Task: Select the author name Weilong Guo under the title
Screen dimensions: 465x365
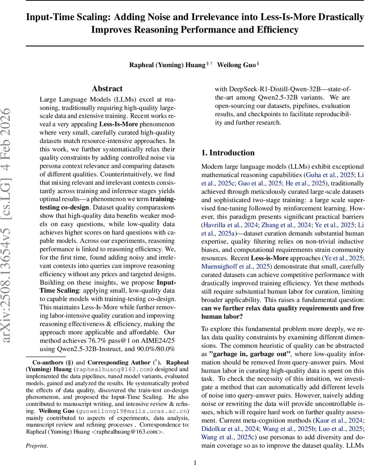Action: click(236, 65)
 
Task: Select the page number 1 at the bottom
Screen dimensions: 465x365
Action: click(195, 459)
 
